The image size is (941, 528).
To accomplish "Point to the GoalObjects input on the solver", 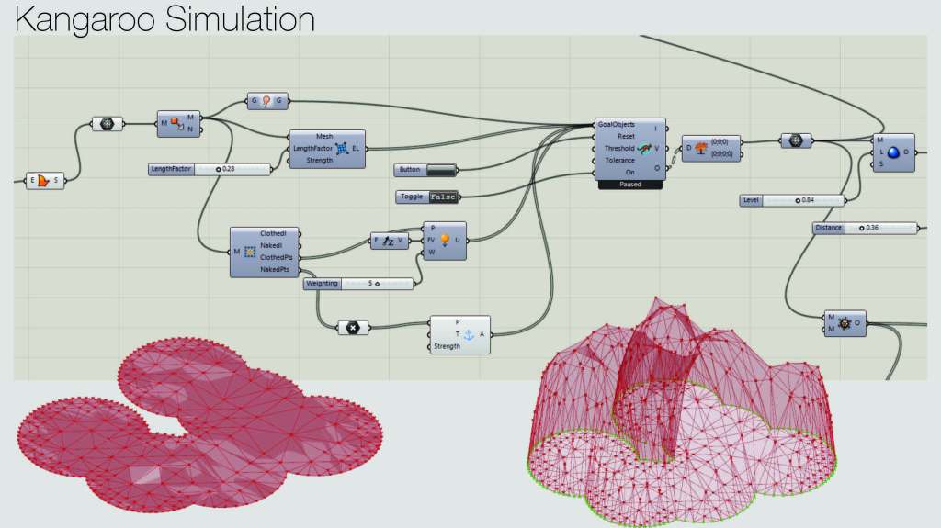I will point(617,124).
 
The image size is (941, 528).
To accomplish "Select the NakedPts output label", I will point(275,270).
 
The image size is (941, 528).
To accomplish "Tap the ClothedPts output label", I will point(277,258).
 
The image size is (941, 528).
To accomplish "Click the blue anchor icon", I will point(468,334).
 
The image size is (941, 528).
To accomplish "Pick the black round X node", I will point(352,326).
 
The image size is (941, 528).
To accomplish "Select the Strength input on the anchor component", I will point(447,346).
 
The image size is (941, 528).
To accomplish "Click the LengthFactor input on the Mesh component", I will point(312,148).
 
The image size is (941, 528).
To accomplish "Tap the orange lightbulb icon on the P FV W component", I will point(445,240).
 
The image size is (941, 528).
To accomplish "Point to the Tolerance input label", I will point(618,160).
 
